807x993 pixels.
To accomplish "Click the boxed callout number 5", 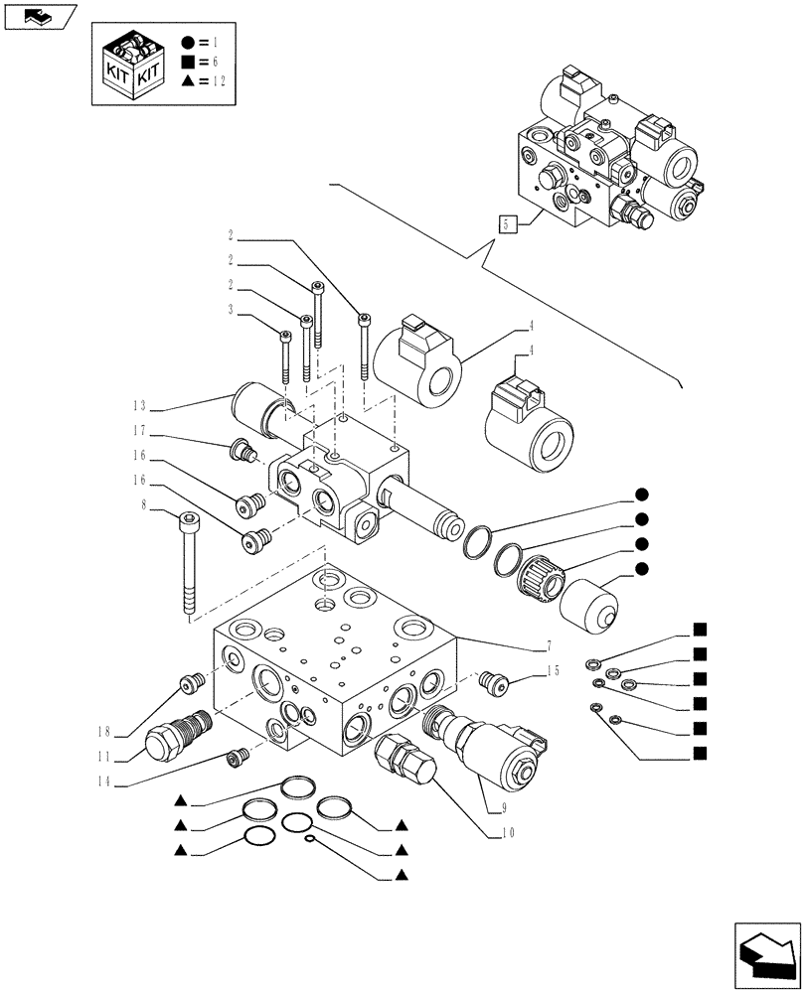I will point(508,223).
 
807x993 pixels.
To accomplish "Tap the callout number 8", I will point(145,504).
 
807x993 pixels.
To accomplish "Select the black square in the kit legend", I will point(188,62).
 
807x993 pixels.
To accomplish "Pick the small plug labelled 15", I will point(494,681).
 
